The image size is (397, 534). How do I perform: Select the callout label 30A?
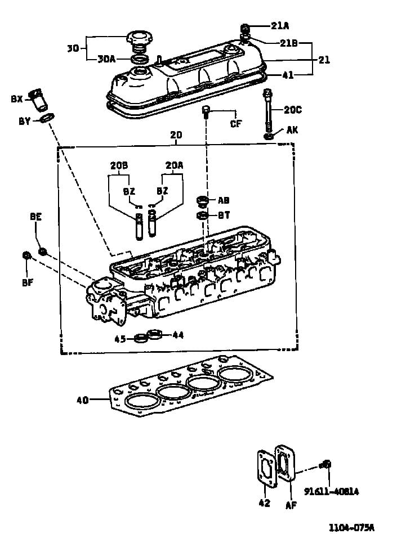106,59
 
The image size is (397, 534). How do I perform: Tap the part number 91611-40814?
331,491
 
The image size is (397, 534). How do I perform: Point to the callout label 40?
82,400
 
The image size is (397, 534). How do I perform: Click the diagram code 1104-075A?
351,528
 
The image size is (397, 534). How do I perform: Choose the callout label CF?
236,123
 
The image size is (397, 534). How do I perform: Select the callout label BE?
36,216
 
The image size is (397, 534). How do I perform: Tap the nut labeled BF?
26,255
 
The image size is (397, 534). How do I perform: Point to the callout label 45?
120,339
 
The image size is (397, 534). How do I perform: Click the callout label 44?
178,335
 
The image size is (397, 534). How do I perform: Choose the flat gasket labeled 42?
266,469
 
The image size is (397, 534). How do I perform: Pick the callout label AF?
291,505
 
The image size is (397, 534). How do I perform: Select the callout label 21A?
280,25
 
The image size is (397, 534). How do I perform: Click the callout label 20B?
119,165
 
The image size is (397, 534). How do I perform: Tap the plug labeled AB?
202,201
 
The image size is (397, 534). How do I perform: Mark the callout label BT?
224,216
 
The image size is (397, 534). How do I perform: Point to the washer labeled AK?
269,137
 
